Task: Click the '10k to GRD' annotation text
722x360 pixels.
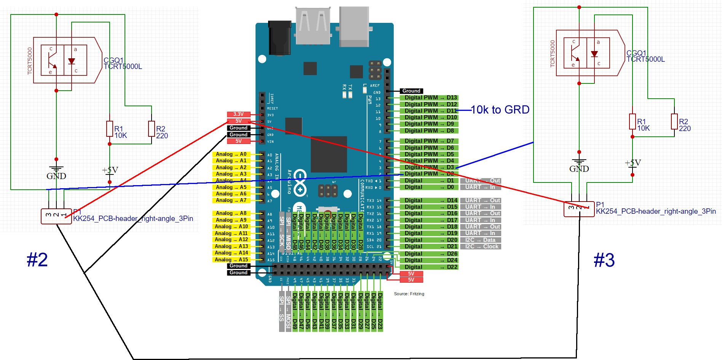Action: (x=500, y=110)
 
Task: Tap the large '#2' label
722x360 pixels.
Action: (x=37, y=260)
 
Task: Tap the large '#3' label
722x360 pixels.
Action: (x=604, y=260)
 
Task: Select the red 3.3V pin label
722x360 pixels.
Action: (x=238, y=114)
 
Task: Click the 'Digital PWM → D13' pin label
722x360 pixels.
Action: (x=428, y=98)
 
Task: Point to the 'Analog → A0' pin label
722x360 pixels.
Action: (x=231, y=154)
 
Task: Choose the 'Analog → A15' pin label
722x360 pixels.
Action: (x=231, y=260)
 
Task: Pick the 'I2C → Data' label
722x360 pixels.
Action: (x=480, y=240)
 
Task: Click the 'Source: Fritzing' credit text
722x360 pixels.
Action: (x=409, y=294)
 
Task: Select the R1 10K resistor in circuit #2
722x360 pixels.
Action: (x=110, y=129)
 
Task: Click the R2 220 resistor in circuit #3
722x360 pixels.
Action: (x=674, y=122)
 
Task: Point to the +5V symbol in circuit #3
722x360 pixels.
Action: (x=633, y=164)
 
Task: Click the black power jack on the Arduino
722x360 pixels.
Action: (x=280, y=38)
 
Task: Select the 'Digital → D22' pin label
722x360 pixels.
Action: (x=428, y=267)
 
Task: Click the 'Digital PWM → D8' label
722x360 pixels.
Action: (x=428, y=131)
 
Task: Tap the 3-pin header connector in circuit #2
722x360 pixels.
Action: (x=56, y=216)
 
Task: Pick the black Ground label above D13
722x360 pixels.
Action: (x=411, y=91)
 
